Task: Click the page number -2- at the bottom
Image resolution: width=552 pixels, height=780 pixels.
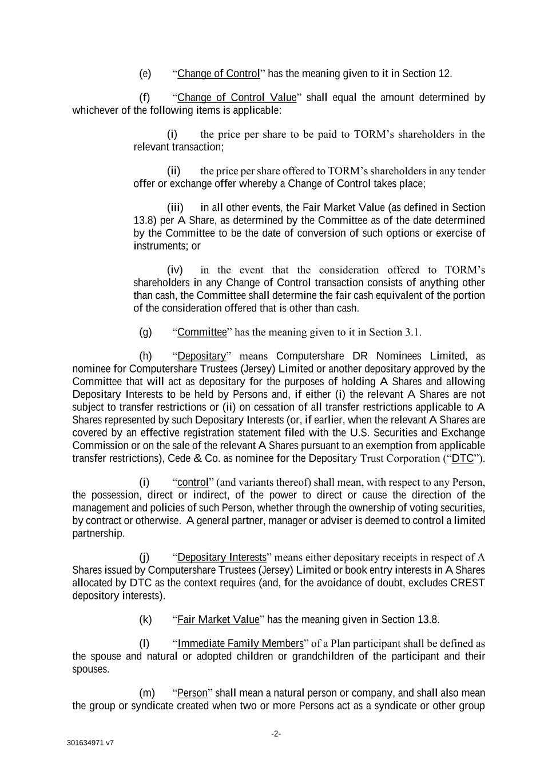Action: [276, 734]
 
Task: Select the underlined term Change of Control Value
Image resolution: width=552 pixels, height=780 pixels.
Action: [237, 98]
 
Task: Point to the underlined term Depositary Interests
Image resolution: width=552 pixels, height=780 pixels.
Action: [222, 557]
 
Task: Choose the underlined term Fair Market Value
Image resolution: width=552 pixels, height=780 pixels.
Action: [218, 619]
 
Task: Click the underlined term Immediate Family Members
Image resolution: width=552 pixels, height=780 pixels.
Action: [240, 643]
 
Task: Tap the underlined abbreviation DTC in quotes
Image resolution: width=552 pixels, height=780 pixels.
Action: [462, 458]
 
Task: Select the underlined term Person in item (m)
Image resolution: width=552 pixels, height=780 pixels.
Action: [192, 693]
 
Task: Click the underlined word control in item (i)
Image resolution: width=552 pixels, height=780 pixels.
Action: [192, 482]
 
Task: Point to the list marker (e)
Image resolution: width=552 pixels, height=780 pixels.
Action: [145, 74]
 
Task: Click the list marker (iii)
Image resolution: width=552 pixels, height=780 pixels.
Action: [175, 207]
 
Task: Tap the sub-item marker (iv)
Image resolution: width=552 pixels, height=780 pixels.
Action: [175, 270]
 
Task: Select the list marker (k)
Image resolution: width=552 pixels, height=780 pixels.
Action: [145, 619]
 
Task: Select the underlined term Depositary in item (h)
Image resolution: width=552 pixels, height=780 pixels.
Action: [202, 356]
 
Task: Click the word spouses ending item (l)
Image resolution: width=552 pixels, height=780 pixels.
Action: [90, 669]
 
